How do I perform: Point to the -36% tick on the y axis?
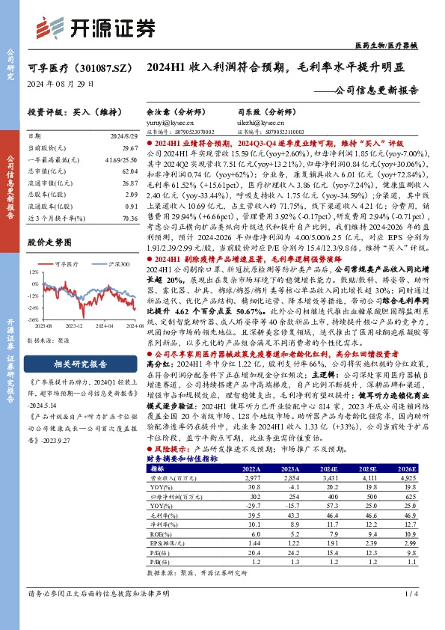[33, 318]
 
